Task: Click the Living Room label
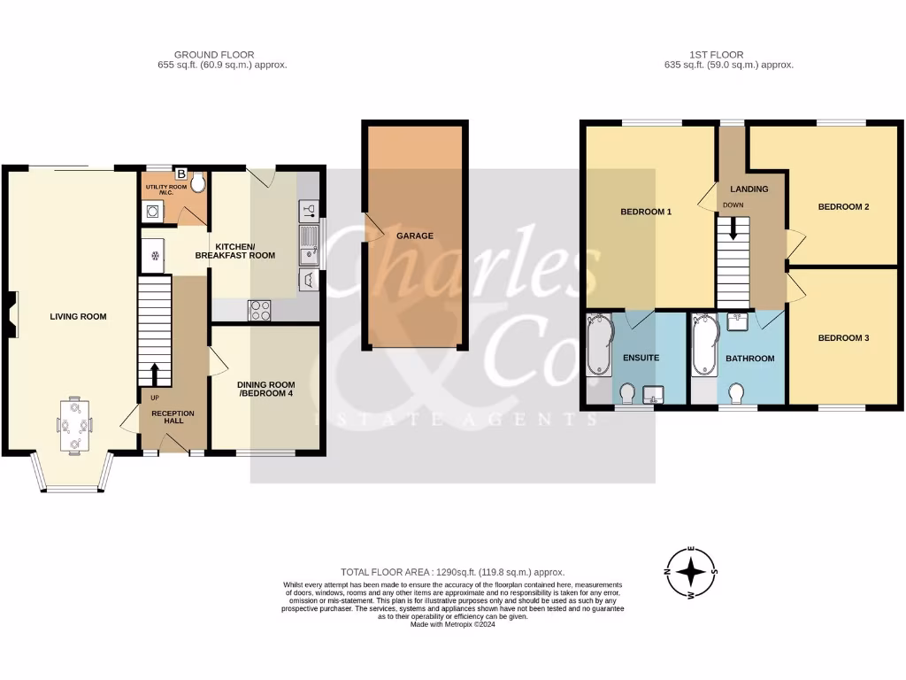pos(78,316)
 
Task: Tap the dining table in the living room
pos(74,426)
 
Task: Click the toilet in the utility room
pos(196,183)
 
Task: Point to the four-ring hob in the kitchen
pos(262,310)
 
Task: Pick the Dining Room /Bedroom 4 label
pos(265,390)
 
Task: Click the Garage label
pos(414,236)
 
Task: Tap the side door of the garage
pos(370,228)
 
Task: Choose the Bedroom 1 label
pos(646,212)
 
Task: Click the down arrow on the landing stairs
pos(733,228)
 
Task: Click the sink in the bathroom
pos(736,321)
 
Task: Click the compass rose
pos(690,572)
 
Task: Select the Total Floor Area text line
pos(452,573)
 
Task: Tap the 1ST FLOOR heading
pos(717,55)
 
